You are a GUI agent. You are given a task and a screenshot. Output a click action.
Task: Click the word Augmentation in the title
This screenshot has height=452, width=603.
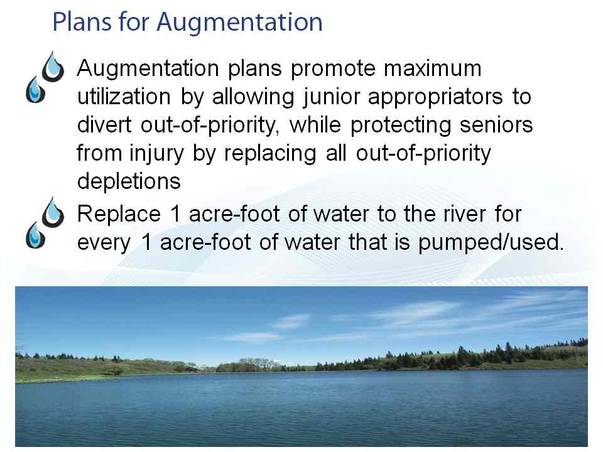click(x=239, y=23)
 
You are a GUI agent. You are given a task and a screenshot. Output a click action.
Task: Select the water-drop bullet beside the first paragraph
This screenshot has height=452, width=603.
click(x=45, y=77)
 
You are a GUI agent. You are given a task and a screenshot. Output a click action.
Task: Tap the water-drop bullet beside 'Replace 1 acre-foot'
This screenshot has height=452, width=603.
click(x=45, y=223)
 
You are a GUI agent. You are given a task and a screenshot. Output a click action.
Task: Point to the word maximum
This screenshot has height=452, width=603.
click(x=433, y=69)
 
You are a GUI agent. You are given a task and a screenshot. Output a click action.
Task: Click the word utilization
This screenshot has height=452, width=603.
click(x=124, y=97)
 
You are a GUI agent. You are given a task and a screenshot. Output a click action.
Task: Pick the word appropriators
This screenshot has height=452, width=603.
click(x=435, y=99)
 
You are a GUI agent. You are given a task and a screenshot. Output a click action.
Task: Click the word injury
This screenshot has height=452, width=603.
click(x=156, y=154)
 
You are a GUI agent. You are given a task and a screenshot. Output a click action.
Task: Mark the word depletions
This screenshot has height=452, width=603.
click(x=129, y=181)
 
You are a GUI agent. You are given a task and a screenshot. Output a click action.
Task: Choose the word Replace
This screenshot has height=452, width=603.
click(x=119, y=215)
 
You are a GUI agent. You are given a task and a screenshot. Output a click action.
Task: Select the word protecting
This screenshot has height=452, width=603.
click(x=400, y=126)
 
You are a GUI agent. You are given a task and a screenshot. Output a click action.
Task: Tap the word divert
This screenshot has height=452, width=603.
click(x=104, y=126)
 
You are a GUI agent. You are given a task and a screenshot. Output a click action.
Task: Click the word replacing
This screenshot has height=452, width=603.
click(x=270, y=154)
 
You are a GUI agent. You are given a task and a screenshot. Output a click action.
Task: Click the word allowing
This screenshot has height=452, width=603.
click(x=253, y=98)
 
